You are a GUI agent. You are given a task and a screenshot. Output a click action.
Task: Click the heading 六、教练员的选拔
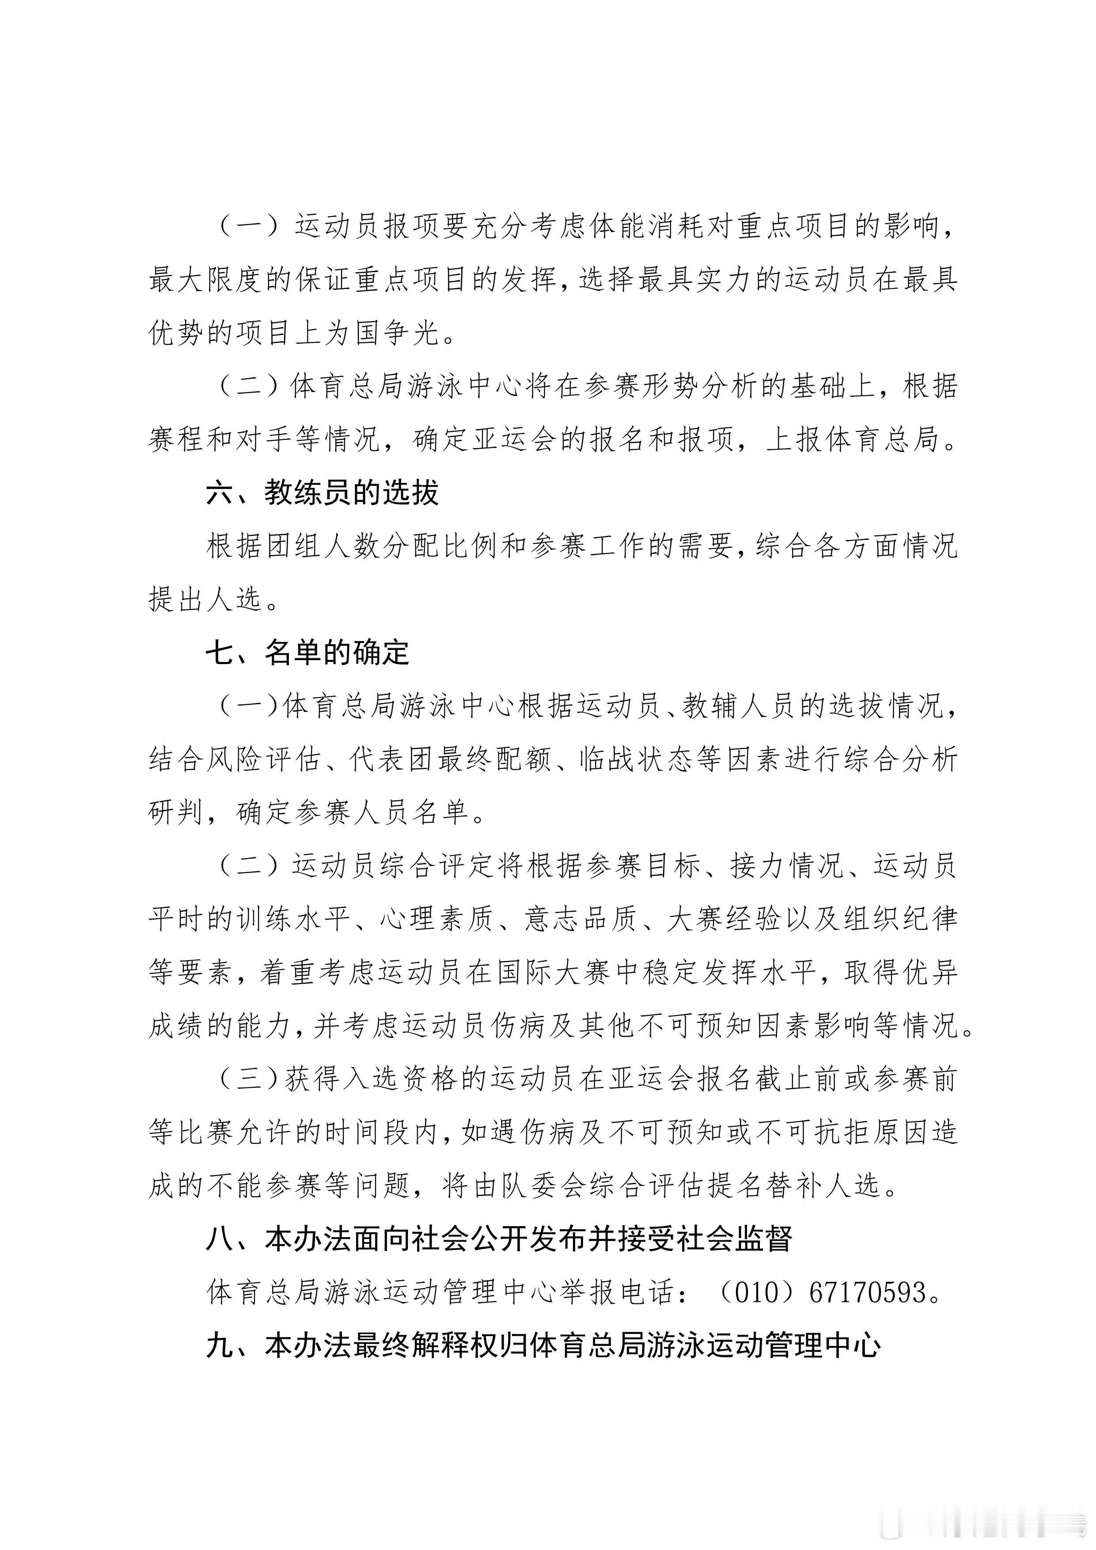click(x=322, y=494)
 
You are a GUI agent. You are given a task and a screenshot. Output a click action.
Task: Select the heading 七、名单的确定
click(x=308, y=653)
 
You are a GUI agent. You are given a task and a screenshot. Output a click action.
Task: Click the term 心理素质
click(x=436, y=919)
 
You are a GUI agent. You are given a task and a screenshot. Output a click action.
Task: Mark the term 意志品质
click(x=580, y=919)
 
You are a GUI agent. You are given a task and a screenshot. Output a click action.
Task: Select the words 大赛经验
click(x=724, y=919)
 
